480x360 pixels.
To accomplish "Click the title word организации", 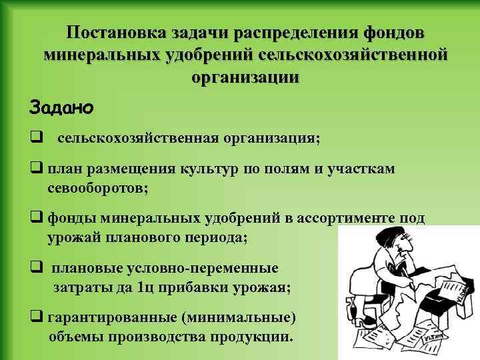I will click(x=245, y=77).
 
